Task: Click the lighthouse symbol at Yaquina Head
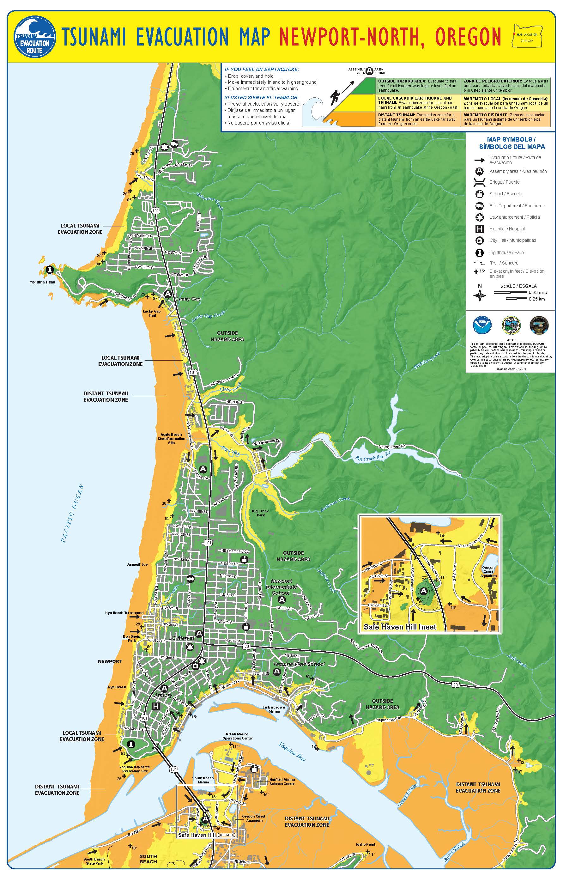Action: (x=49, y=270)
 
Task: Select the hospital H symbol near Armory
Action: (x=155, y=706)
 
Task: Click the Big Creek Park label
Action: (x=260, y=513)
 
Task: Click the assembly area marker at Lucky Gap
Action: (x=168, y=294)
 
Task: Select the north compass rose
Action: (x=480, y=295)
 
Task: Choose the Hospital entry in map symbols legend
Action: (x=507, y=229)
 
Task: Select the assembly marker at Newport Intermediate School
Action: (x=282, y=599)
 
